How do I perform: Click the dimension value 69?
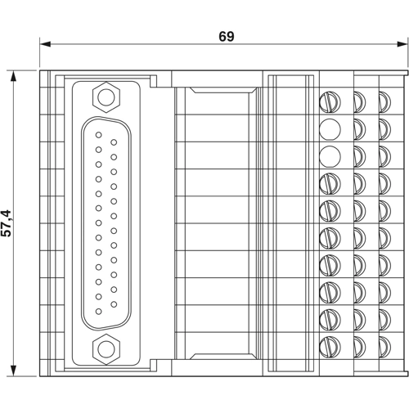point(227,37)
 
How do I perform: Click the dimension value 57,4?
point(8,222)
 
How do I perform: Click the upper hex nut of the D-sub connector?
point(105,99)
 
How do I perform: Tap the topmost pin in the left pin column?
point(99,135)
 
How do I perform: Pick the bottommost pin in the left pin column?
point(99,311)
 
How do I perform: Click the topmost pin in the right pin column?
point(115,142)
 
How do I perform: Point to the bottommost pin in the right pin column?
point(115,303)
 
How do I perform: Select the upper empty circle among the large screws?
point(329,128)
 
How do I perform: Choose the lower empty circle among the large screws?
point(329,155)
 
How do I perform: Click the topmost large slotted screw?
point(329,101)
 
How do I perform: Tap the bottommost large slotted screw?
point(329,345)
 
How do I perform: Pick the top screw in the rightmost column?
point(384,101)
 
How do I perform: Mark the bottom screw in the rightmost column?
point(384,345)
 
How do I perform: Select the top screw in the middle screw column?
point(359,101)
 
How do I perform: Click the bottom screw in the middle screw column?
point(359,345)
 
